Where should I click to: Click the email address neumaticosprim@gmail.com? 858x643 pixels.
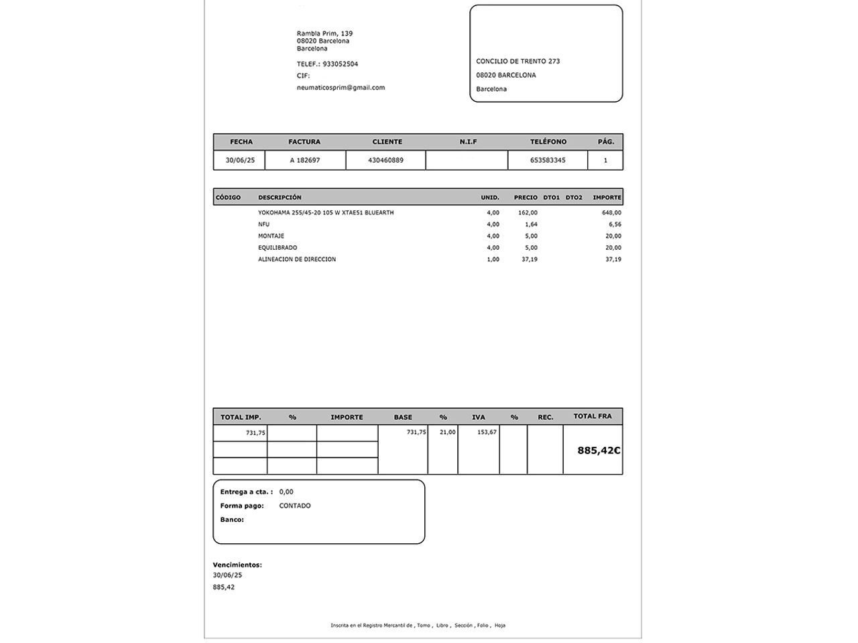tap(341, 88)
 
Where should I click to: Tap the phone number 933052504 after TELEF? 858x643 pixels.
tap(340, 64)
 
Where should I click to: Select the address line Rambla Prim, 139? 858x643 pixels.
tap(324, 33)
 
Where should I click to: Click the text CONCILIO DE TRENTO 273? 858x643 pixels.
tap(517, 62)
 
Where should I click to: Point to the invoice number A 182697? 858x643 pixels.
tap(305, 161)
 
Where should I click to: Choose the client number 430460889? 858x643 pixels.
tap(385, 161)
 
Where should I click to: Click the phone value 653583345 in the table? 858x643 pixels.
tap(548, 161)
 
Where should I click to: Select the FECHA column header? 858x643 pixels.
tap(241, 142)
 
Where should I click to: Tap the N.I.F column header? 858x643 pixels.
tap(468, 142)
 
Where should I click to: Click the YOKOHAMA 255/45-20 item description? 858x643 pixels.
tap(326, 213)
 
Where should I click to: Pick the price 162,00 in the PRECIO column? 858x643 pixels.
tap(528, 213)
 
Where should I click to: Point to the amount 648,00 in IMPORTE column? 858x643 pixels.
tap(611, 213)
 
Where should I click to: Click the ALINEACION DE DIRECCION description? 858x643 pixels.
tap(297, 260)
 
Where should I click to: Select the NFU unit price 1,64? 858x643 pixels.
tap(531, 225)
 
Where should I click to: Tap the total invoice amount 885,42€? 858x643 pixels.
tap(599, 451)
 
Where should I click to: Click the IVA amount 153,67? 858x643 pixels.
tap(487, 433)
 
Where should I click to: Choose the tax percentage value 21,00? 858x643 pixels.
tap(447, 433)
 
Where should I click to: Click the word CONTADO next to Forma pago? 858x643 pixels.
tap(295, 506)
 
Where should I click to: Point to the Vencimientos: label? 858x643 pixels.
tap(237, 565)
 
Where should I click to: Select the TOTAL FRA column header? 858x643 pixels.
tap(593, 417)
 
